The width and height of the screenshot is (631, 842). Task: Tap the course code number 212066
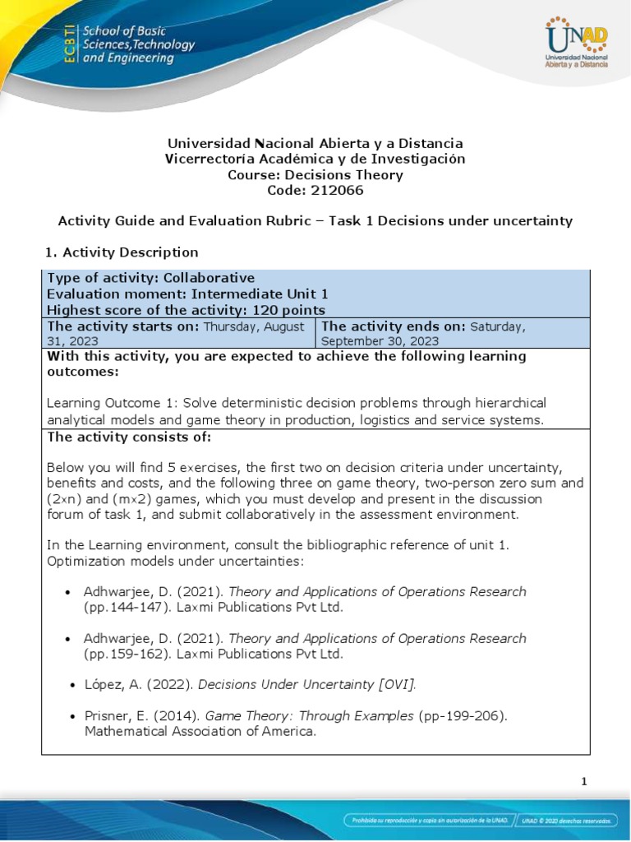pyautogui.click(x=337, y=190)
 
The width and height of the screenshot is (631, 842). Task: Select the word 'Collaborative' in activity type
pyautogui.click(x=209, y=278)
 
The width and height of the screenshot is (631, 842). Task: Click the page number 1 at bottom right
pyautogui.click(x=583, y=782)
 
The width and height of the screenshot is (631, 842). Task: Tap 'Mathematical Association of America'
pyautogui.click(x=200, y=731)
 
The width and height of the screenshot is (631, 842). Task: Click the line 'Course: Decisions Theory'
pyautogui.click(x=315, y=174)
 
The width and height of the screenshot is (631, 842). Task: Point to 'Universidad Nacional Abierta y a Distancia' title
pyautogui.click(x=315, y=143)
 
